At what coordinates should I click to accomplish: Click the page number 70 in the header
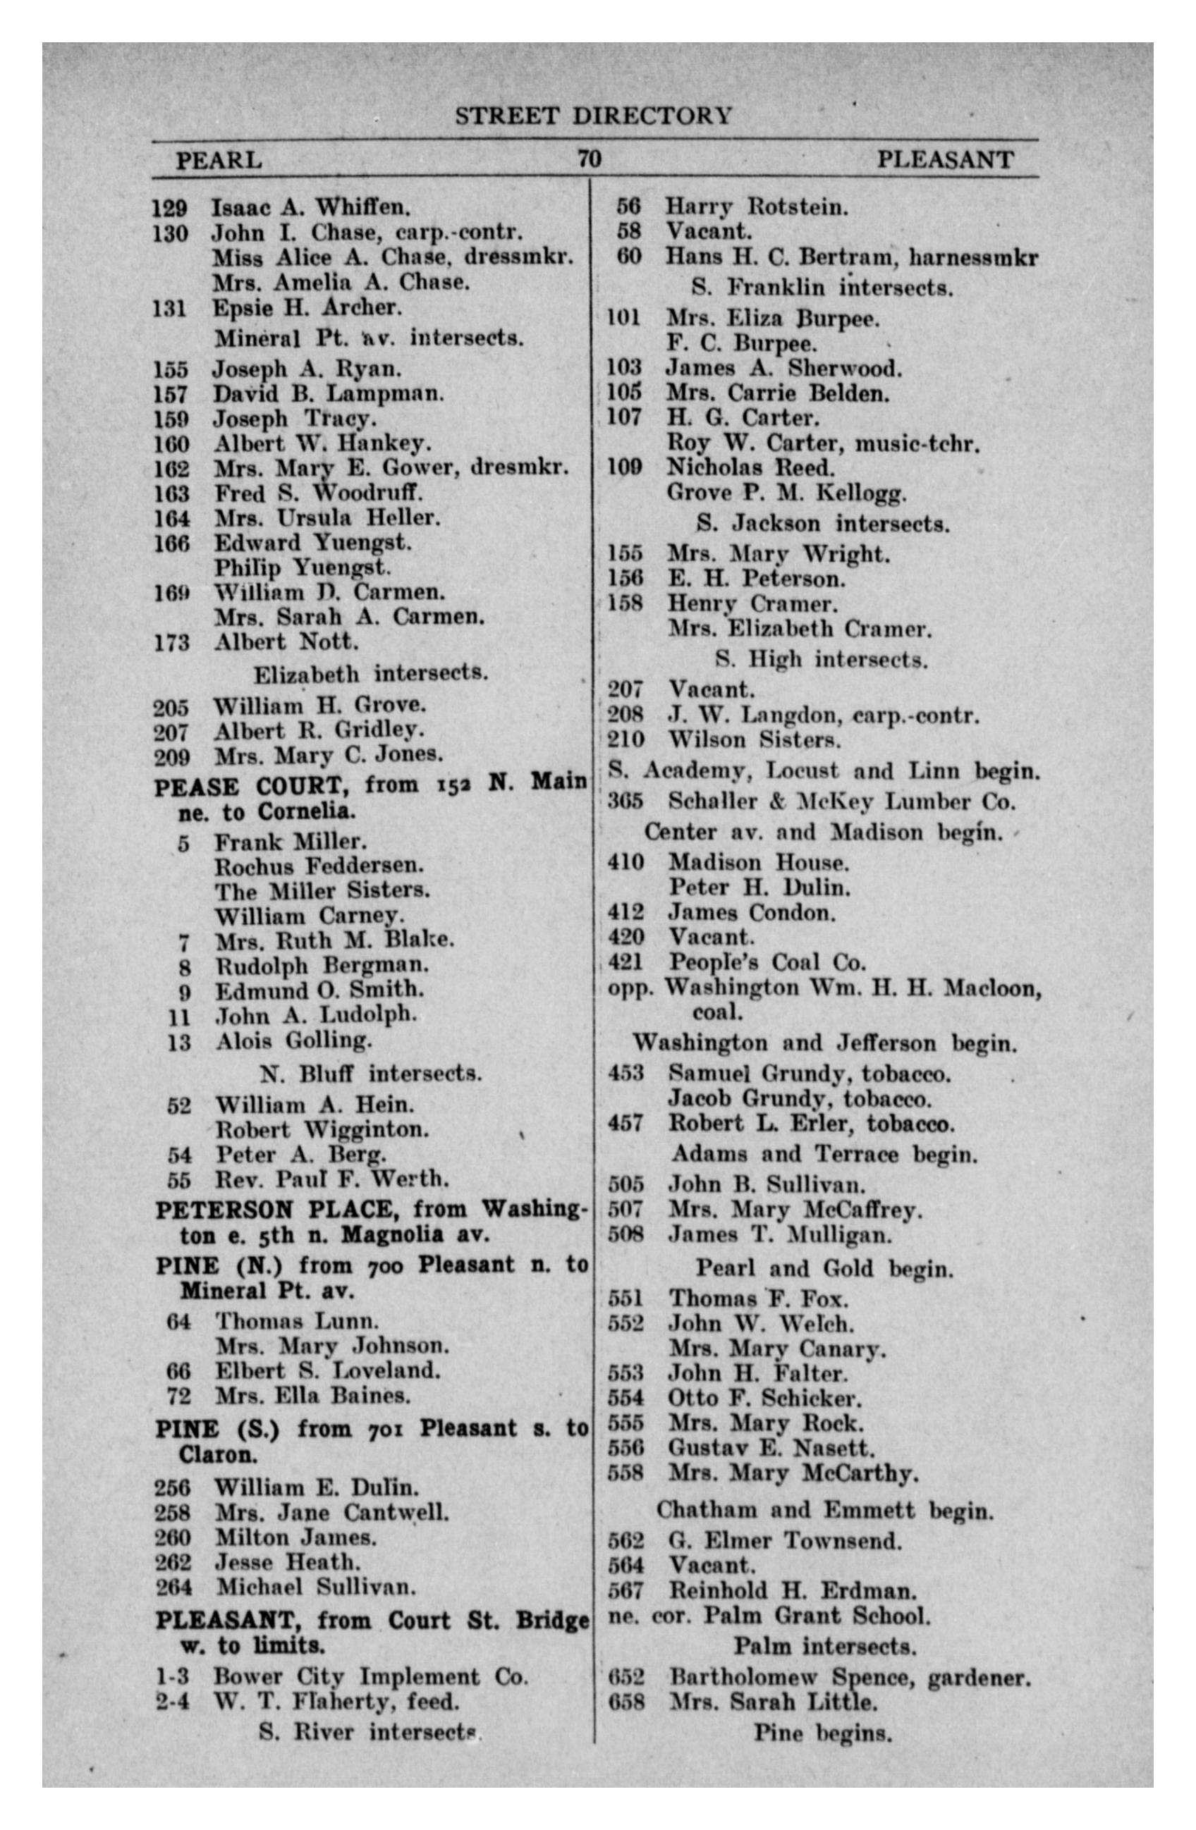[x=588, y=159]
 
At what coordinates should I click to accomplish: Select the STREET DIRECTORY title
[x=593, y=116]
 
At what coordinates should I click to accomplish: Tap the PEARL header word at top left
[x=219, y=161]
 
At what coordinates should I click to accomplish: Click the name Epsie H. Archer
[x=307, y=307]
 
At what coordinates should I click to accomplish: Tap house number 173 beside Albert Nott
[x=171, y=642]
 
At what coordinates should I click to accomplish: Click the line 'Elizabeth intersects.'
[x=371, y=674]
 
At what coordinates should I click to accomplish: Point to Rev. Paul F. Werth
[x=331, y=1179]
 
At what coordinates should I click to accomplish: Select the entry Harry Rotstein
[x=756, y=207]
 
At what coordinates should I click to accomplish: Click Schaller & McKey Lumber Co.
[x=841, y=802]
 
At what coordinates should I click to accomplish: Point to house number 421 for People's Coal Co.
[x=626, y=962]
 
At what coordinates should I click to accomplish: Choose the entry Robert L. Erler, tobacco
[x=811, y=1124]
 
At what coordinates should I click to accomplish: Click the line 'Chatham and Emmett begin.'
[x=824, y=1510]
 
